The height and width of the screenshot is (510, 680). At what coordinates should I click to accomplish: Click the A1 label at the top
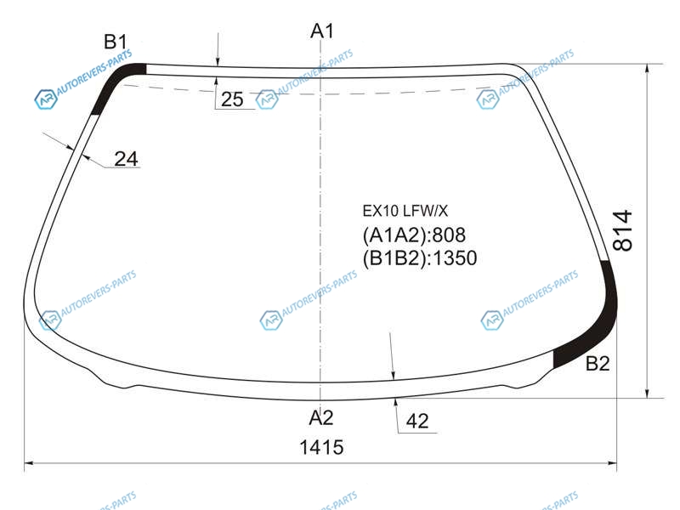322,31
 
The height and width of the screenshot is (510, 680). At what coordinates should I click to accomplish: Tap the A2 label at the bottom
321,417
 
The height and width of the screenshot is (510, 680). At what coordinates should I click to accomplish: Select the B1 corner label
116,42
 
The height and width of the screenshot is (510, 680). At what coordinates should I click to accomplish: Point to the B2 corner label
598,364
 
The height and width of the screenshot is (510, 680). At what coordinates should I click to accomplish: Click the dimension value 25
232,99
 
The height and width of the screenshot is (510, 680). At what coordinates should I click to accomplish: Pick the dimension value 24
126,159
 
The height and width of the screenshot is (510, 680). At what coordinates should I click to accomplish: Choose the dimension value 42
417,421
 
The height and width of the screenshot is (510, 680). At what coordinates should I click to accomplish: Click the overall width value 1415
322,447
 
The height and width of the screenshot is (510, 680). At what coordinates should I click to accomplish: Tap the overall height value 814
623,230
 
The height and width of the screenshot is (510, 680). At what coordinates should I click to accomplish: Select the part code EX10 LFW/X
405,211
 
